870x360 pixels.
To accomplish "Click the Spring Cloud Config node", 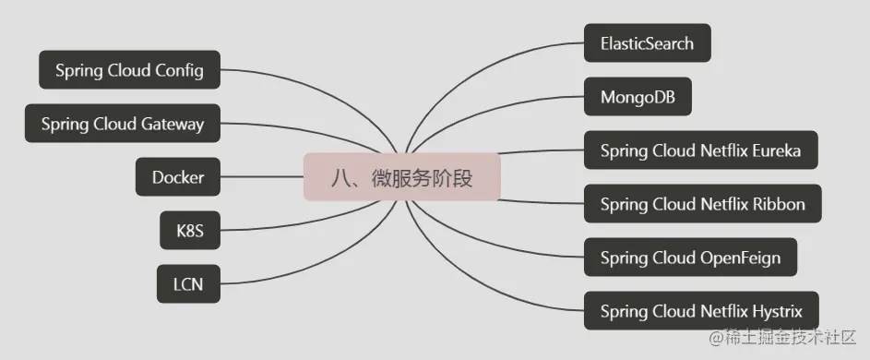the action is pos(129,70).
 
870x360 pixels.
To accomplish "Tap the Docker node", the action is pos(178,177).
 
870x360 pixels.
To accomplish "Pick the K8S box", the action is pos(189,232).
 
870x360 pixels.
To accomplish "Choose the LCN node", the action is pos(188,285).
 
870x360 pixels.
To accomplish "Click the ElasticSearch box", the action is pos(647,43).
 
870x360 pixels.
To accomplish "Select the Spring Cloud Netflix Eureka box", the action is pos(700,150).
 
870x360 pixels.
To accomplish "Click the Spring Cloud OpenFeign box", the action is pos(690,258).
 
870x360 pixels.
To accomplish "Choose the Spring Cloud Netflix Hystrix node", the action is pos(701,311).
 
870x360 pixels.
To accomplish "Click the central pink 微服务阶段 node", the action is pos(402,177).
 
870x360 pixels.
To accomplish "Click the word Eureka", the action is pos(776,150).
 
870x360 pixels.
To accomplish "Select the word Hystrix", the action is pos(777,311).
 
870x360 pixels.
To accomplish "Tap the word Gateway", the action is pos(173,124).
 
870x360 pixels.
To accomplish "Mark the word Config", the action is pos(180,70).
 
